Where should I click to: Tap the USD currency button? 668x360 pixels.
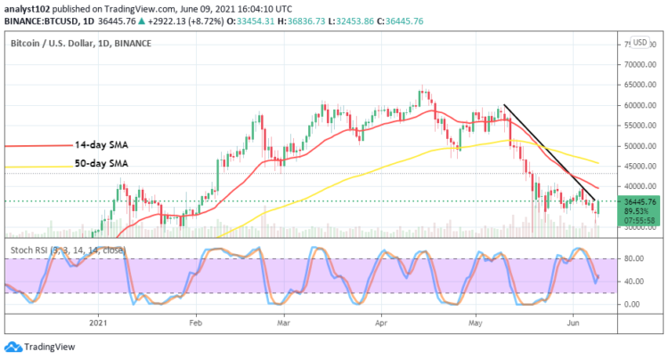(639, 43)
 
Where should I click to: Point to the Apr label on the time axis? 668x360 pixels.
(379, 323)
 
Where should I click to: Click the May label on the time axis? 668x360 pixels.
(473, 323)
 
